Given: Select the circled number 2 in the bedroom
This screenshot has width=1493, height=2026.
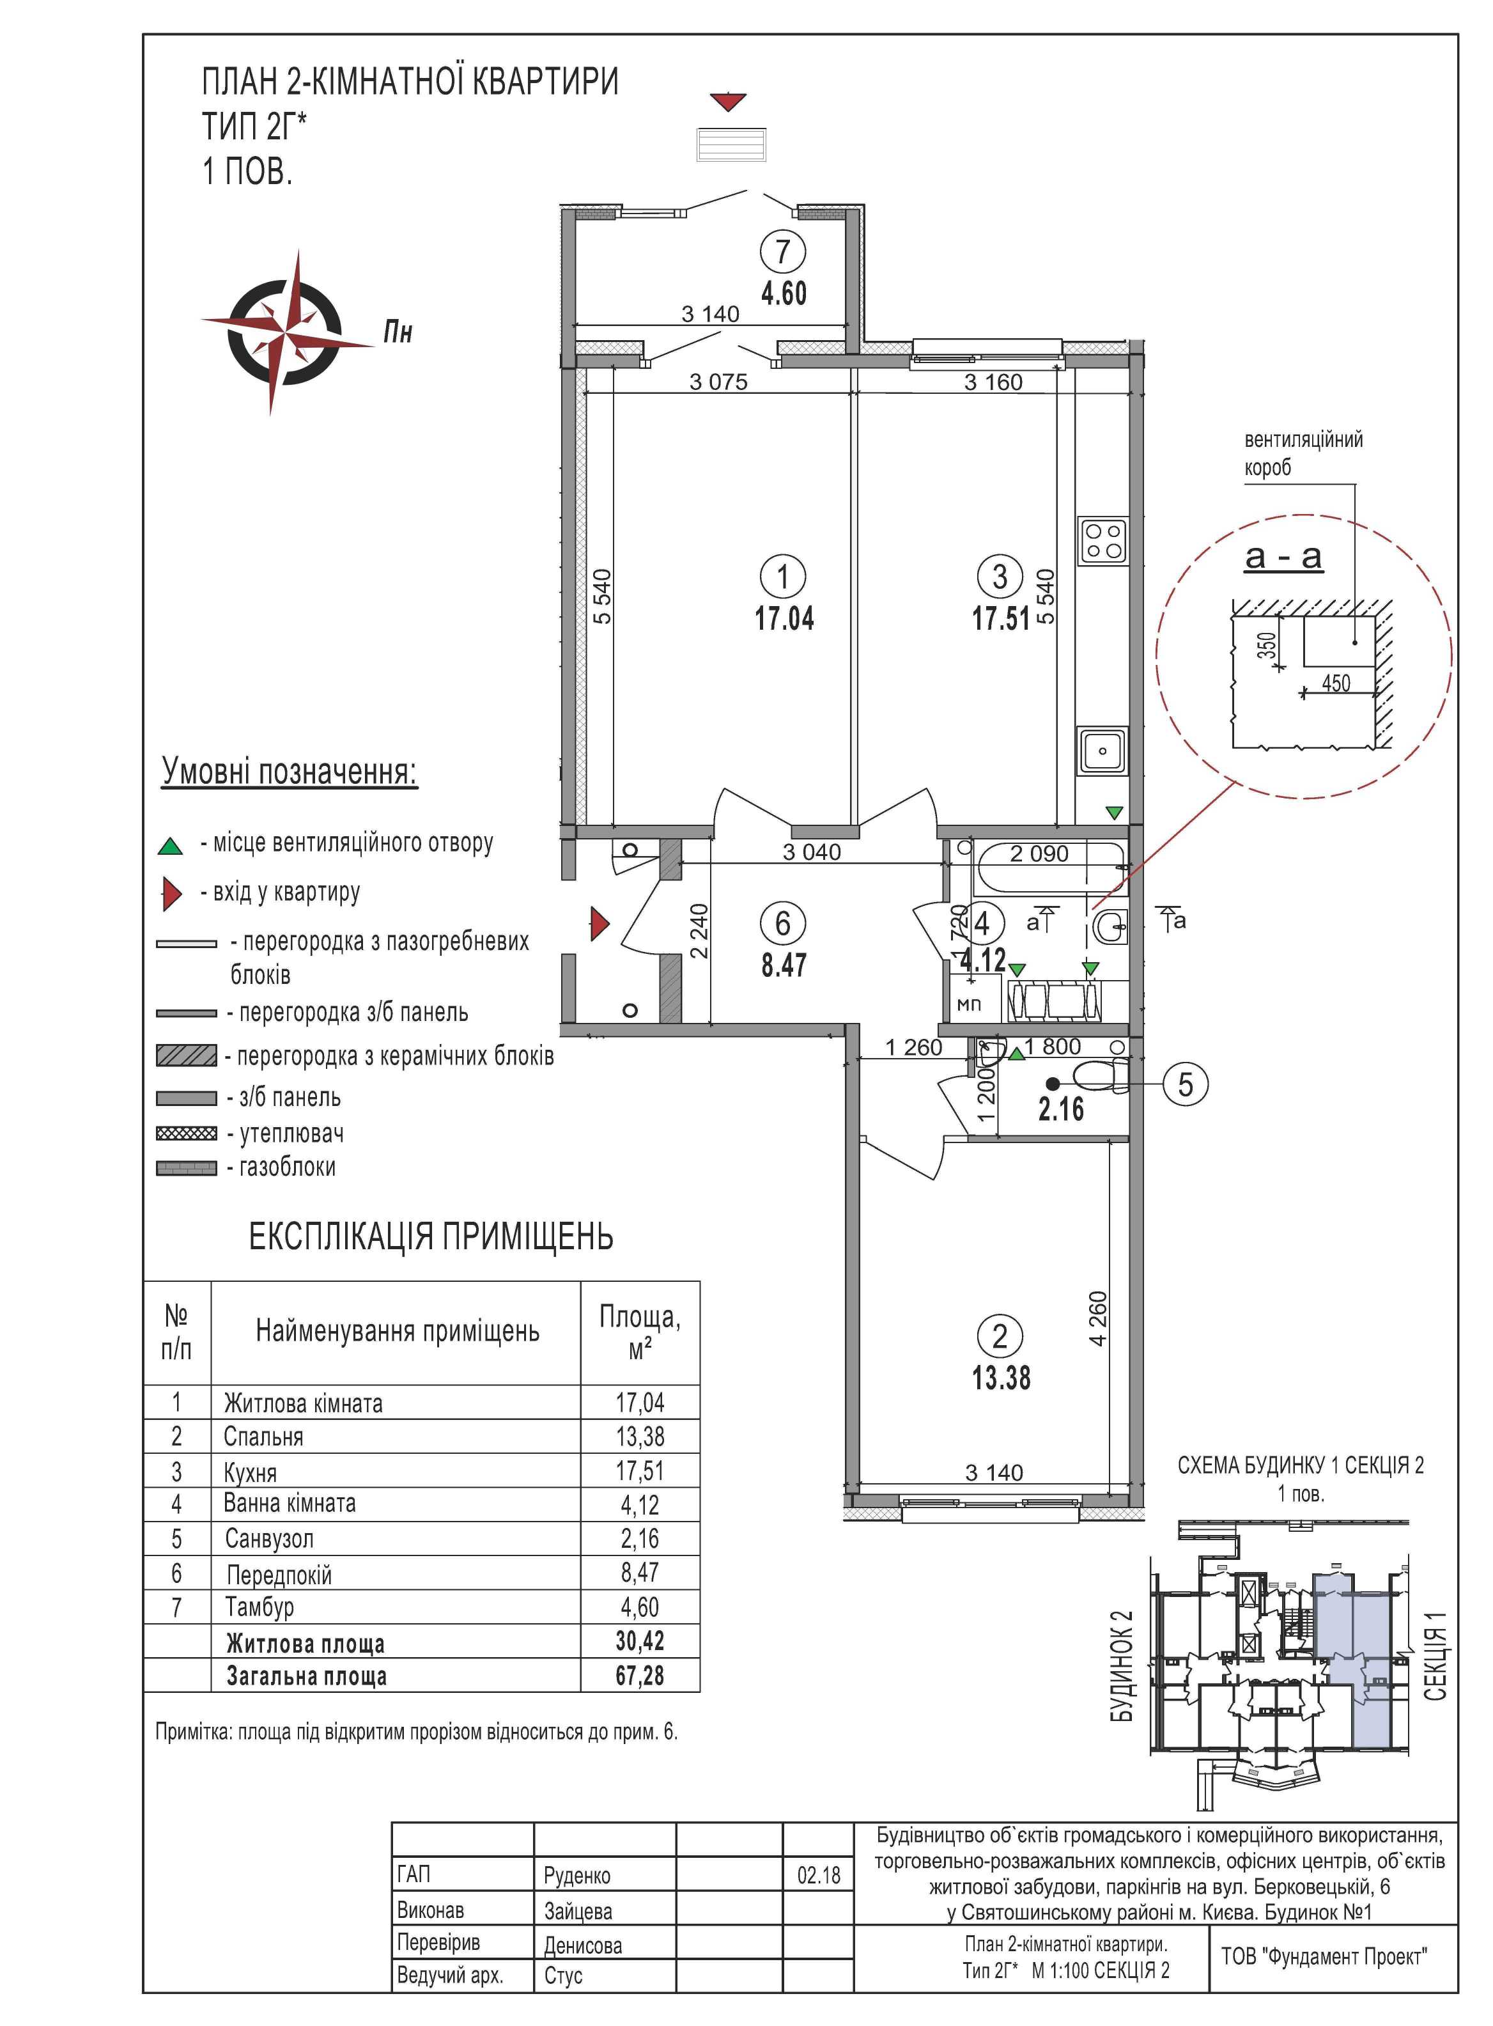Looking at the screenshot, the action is pos(1000,1336).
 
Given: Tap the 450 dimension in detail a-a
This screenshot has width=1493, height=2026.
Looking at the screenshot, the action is pos(1336,683).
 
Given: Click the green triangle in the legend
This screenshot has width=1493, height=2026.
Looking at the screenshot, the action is pos(170,846).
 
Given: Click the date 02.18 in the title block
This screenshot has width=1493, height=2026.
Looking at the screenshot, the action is pos(819,1875).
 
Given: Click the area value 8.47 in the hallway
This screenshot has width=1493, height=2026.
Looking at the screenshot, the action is pos(784,965).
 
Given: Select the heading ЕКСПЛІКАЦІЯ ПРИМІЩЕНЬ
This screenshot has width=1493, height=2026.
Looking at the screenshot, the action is pos(431,1236).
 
